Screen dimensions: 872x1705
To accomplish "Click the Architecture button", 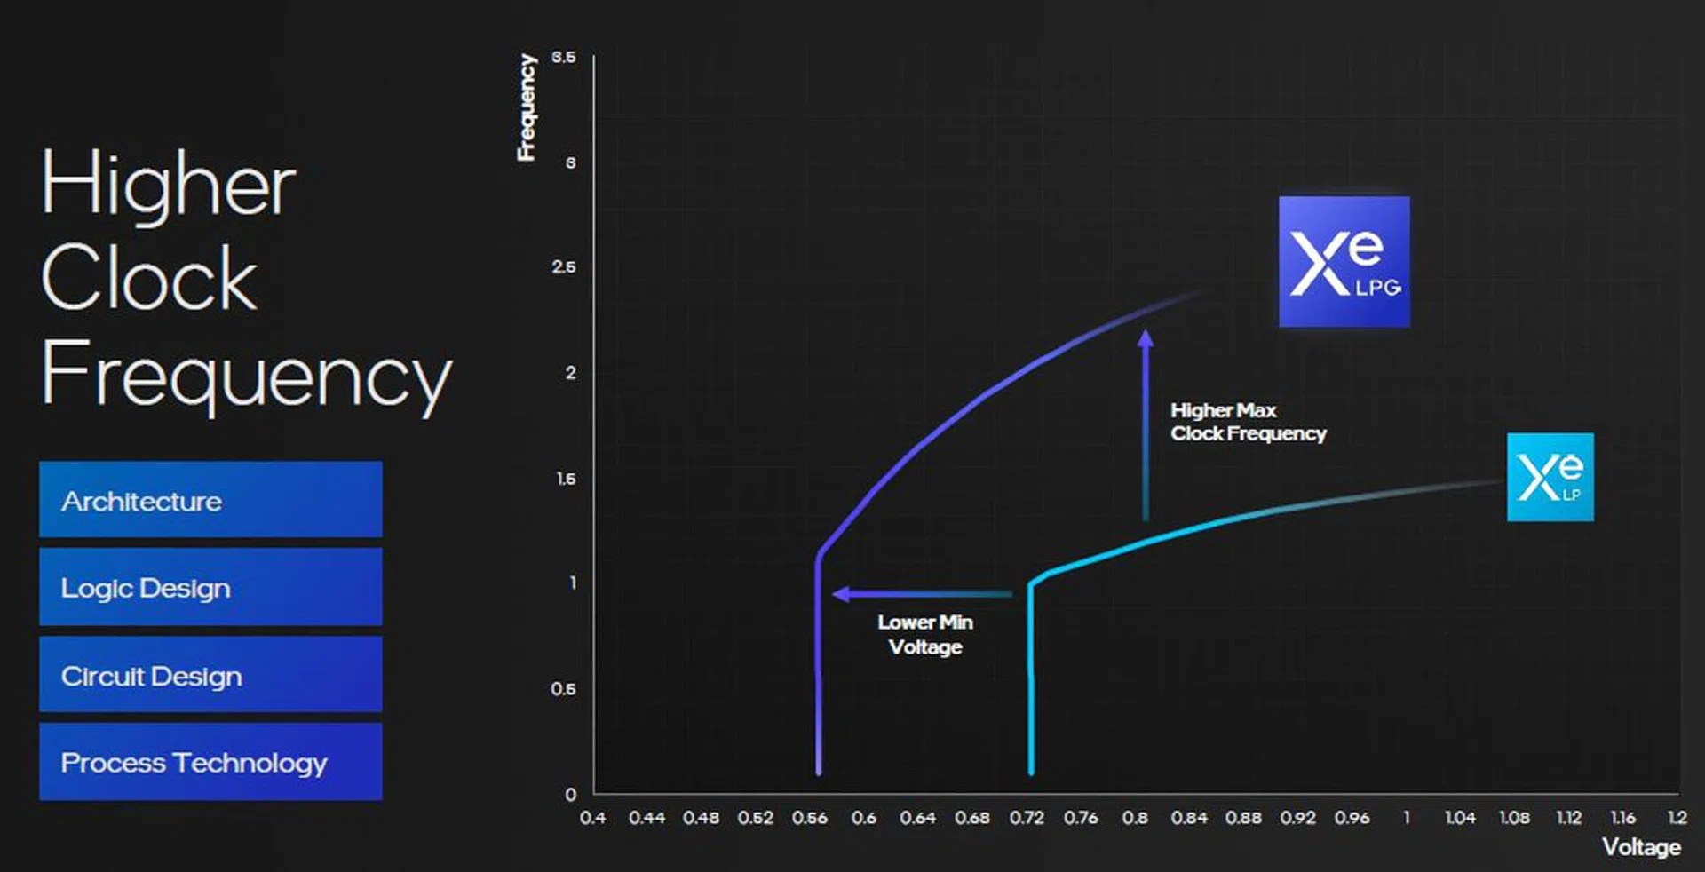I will [x=210, y=499].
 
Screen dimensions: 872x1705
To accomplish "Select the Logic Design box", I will [x=210, y=587].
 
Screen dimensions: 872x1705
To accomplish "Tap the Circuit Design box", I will [x=210, y=675].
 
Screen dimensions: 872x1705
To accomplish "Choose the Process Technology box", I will [x=210, y=762].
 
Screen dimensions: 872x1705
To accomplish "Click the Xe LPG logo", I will [x=1344, y=262].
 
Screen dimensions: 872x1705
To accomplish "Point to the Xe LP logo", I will [x=1550, y=477].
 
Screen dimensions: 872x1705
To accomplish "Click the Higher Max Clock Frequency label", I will [x=1248, y=422].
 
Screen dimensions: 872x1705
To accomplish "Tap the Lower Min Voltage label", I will [x=925, y=634].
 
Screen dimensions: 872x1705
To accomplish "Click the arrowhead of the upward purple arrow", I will [x=1146, y=338].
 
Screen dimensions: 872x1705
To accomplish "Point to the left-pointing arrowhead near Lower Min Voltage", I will [x=840, y=594].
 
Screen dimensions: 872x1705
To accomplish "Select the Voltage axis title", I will [x=1641, y=847].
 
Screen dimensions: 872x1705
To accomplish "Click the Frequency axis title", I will [x=527, y=107].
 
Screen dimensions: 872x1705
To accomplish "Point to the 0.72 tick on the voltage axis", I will [x=1027, y=818].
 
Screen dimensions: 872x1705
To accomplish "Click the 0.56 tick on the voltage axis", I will [x=810, y=818].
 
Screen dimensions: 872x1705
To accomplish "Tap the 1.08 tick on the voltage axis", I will [x=1514, y=818].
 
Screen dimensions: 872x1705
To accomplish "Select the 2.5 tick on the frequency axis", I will [x=563, y=267].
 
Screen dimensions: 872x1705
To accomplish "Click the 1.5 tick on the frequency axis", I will [x=566, y=479].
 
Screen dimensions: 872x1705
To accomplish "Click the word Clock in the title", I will [x=149, y=278].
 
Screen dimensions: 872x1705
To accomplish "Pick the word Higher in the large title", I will [x=168, y=184].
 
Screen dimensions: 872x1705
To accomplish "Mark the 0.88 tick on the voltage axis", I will [x=1243, y=818].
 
